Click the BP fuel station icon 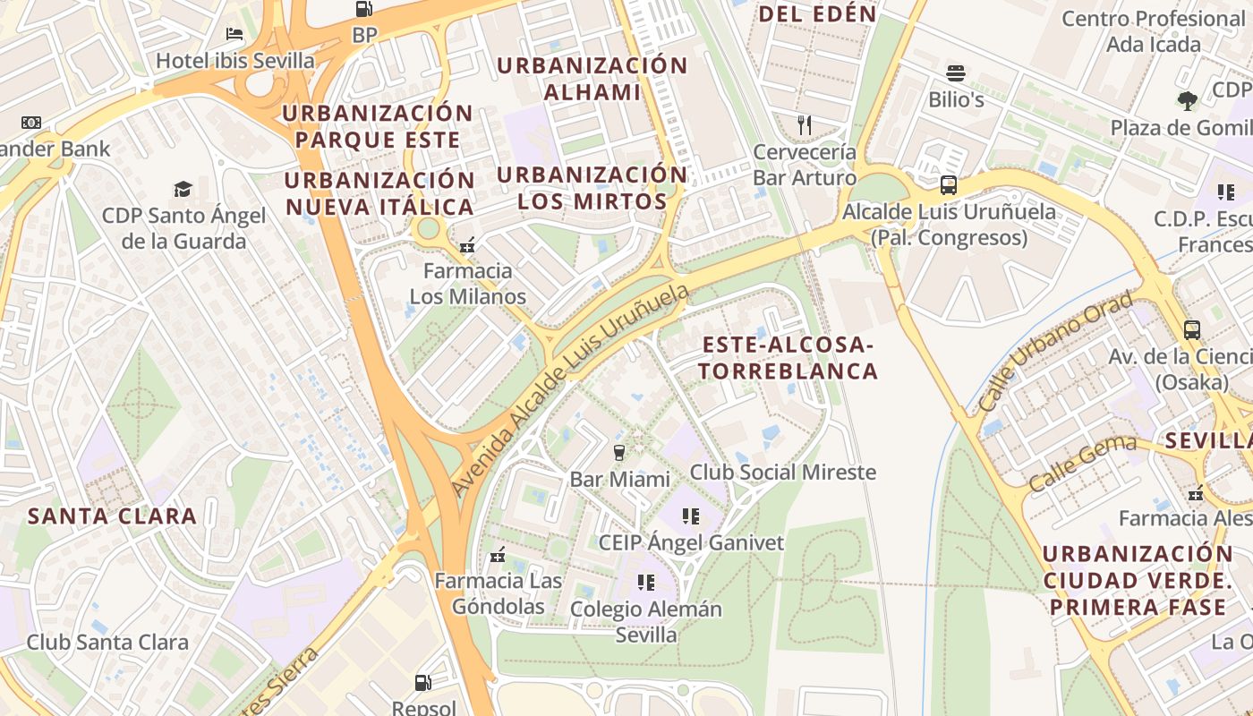coord(364,9)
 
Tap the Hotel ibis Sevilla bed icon coord(234,34)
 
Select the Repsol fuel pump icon coord(423,683)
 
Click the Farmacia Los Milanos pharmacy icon coord(466,244)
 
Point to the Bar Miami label coord(619,479)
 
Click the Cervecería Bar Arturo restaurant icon coord(805,124)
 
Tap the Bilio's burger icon coord(956,73)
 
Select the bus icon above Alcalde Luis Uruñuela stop coord(948,185)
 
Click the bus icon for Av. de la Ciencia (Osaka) coord(1192,329)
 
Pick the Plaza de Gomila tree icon coord(1188,100)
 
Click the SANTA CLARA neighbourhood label coord(112,516)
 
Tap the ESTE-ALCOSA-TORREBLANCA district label coord(788,358)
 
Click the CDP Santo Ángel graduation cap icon coord(183,189)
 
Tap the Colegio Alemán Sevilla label coord(646,622)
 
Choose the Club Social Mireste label coord(783,472)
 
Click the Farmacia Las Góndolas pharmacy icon coord(499,555)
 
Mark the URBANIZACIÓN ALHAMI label coord(592,79)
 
